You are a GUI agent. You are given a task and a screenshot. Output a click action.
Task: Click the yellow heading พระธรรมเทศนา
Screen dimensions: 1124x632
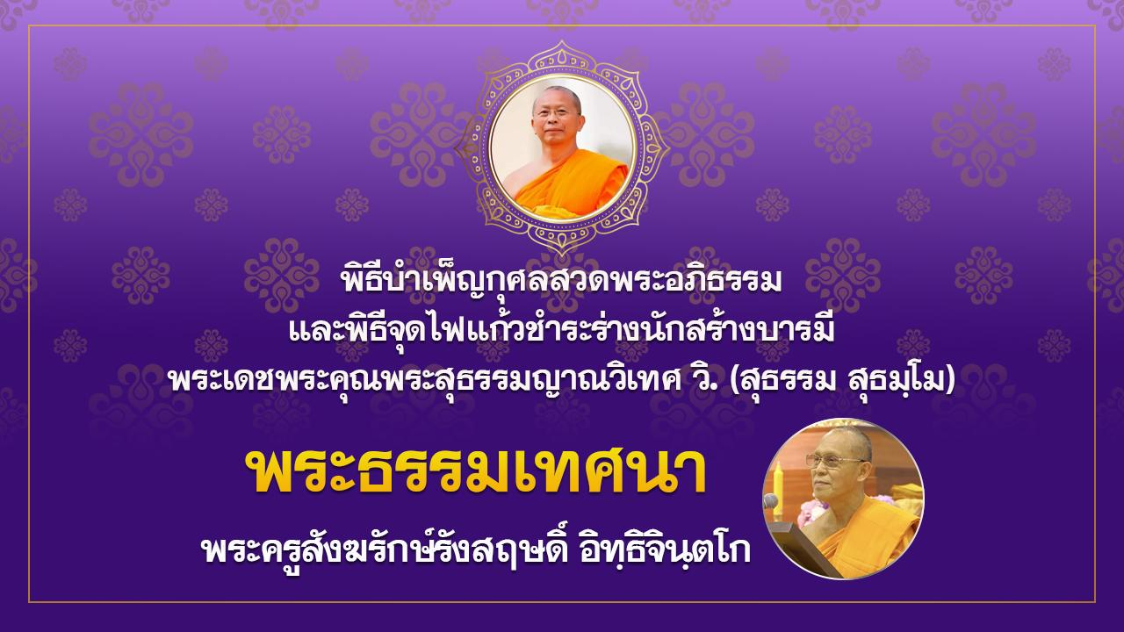click(x=480, y=473)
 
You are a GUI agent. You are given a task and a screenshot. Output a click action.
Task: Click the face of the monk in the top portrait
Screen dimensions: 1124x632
click(x=556, y=119)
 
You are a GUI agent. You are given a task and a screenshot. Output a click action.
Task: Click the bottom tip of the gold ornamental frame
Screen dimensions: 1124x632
click(x=561, y=255)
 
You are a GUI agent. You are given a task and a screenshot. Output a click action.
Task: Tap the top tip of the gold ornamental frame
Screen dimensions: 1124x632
click(x=561, y=41)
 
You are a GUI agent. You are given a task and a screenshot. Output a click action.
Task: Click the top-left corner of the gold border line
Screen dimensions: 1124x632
click(x=29, y=26)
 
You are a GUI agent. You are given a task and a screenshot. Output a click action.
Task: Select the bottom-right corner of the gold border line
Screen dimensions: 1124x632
click(x=1095, y=602)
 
